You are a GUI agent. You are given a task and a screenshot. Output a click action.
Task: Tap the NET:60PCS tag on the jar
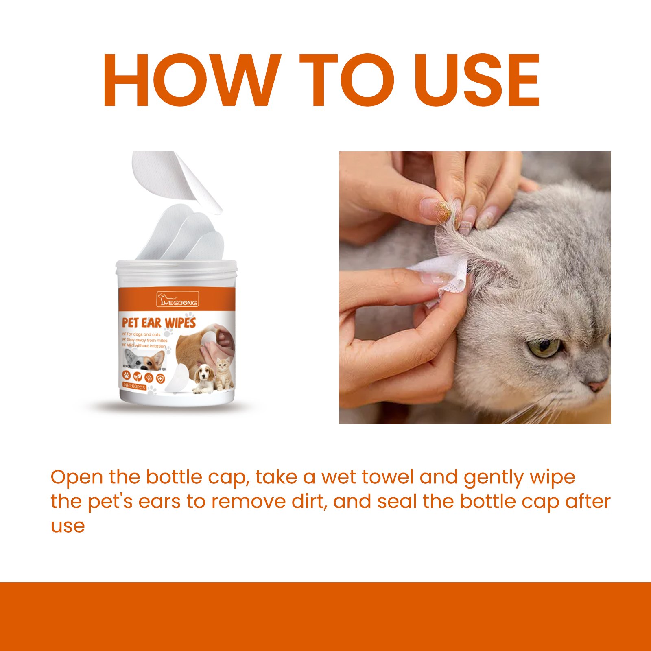[x=134, y=387]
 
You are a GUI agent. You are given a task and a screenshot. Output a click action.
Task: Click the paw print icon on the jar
[x=127, y=376]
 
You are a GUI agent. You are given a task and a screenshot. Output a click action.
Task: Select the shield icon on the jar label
[x=161, y=378]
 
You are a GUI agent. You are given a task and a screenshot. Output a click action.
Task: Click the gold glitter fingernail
[x=442, y=208]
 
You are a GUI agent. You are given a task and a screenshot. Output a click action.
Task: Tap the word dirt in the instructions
[x=308, y=501]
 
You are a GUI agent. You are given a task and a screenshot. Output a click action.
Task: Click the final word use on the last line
[x=68, y=526]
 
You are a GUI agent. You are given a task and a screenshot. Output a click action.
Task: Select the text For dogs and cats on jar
[x=143, y=334]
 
